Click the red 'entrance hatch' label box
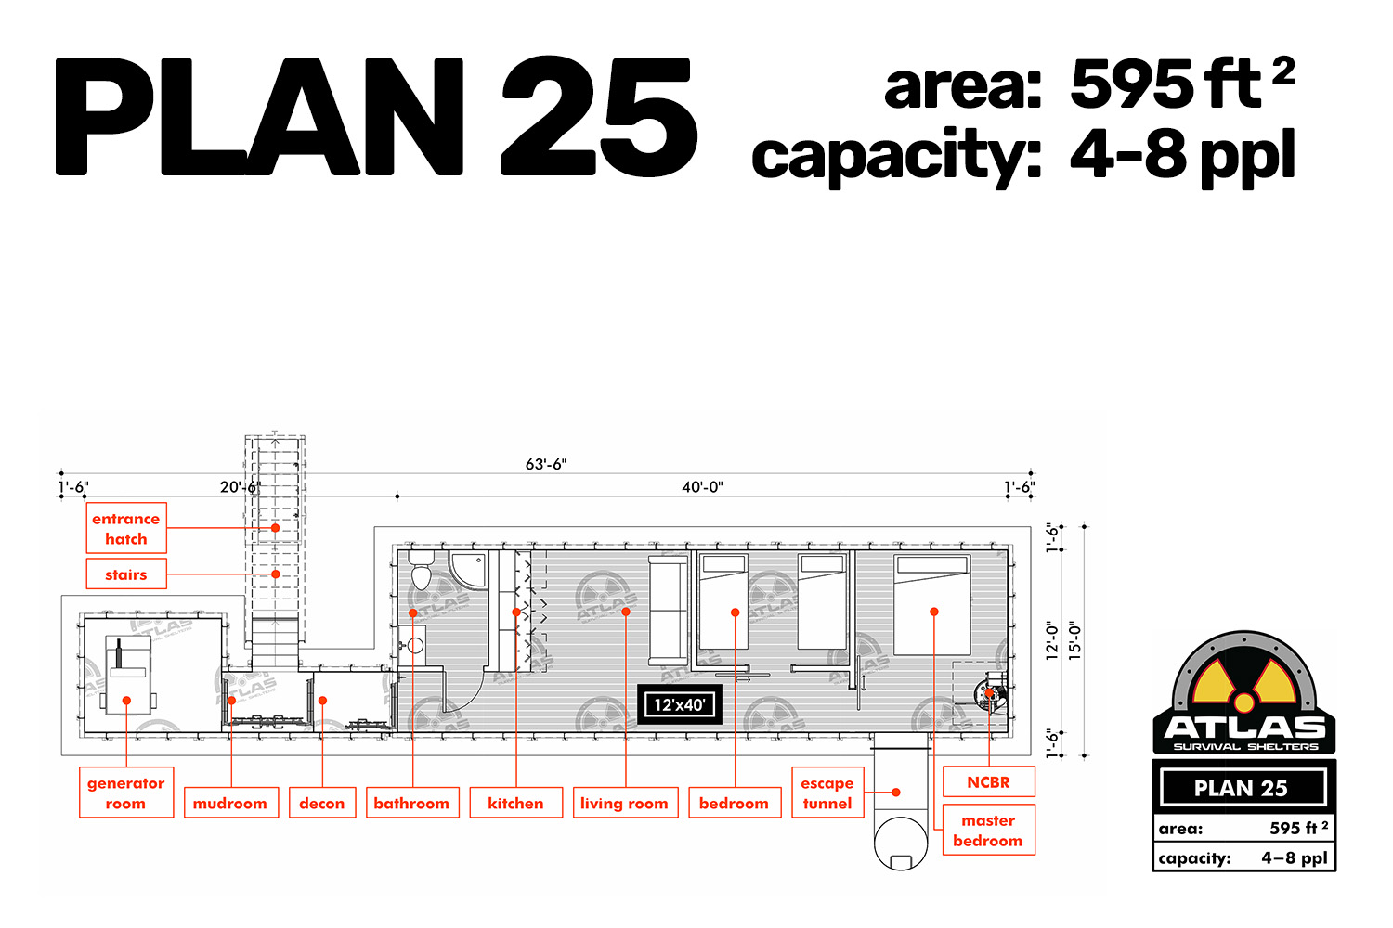coord(126,528)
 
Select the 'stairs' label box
coord(126,574)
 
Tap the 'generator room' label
coord(126,793)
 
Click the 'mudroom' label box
coord(230,803)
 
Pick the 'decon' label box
coord(322,803)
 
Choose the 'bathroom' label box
coord(412,803)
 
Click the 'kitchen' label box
coord(516,803)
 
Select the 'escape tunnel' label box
coord(827,793)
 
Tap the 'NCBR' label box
coord(989,781)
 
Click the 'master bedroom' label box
coord(989,830)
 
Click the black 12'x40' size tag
coord(680,705)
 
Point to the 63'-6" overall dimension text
coord(546,464)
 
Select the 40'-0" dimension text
coord(703,486)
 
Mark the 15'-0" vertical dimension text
coord(1074,641)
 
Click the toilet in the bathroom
coord(422,569)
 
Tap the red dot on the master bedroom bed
coord(934,612)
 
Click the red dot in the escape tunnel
coord(896,792)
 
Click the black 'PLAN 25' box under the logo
coord(1243,788)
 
